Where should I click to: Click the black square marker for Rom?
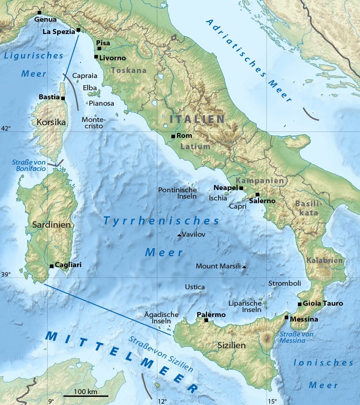tap(173, 136)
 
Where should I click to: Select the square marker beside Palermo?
tap(206, 320)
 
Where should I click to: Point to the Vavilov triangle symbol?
tap(179, 235)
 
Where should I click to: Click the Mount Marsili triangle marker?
tap(244, 267)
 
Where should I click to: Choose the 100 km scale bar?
tap(86, 396)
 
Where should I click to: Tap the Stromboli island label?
tap(285, 283)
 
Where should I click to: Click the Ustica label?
tap(195, 287)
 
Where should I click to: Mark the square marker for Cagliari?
tap(52, 266)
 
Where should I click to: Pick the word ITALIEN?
tap(197, 119)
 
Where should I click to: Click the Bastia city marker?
tap(63, 98)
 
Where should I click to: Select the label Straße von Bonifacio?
tap(29, 166)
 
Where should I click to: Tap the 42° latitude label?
tap(6, 129)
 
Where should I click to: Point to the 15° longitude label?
tap(272, 401)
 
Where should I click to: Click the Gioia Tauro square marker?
tap(300, 304)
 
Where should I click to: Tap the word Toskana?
tap(129, 70)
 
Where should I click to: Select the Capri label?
tap(238, 206)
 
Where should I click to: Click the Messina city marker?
tap(287, 317)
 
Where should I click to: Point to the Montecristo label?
tap(93, 122)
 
